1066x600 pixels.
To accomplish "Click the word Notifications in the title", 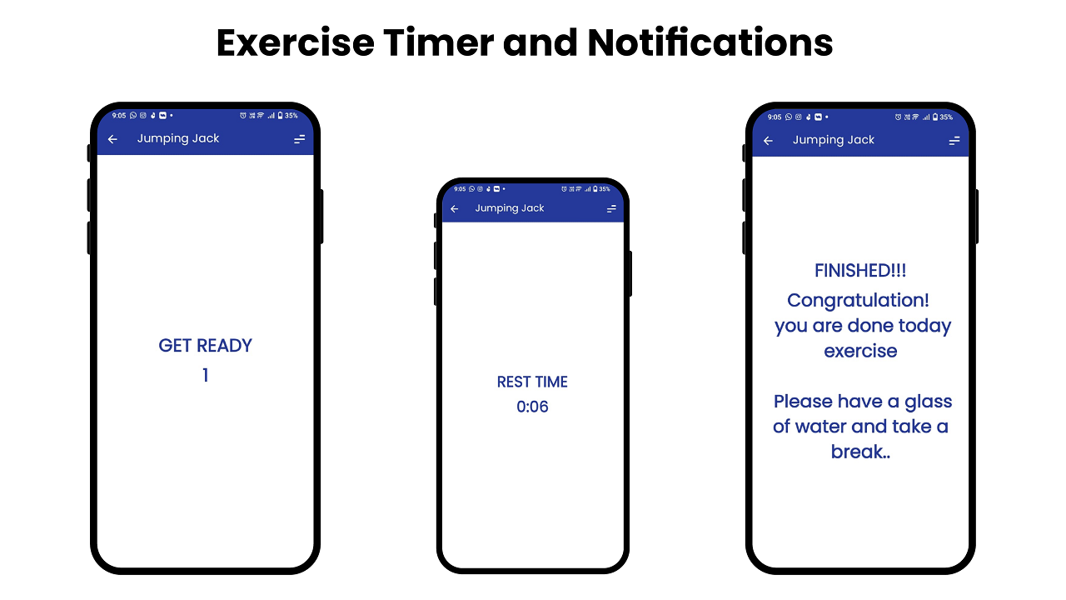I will coord(710,42).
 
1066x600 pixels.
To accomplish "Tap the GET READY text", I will coord(205,346).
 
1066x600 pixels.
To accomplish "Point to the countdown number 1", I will coord(205,376).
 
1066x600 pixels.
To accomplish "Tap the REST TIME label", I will coord(532,382).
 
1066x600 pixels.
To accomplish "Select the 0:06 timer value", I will coord(532,407).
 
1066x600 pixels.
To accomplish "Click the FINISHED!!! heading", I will coord(860,271).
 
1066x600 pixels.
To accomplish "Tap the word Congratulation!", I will coord(858,300).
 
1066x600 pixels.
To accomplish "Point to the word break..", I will coord(859,452).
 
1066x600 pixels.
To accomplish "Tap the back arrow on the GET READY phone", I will coord(113,139).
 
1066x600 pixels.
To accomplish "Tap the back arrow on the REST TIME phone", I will coord(455,209).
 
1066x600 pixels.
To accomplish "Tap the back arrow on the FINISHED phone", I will coord(769,141).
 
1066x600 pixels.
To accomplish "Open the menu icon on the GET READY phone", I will coord(300,139).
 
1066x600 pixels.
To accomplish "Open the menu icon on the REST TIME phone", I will coord(611,209).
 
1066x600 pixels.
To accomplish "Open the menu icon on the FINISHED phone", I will coord(954,141).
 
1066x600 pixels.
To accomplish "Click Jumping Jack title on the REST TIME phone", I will coord(509,208).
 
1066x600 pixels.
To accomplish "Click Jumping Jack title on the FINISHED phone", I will coord(833,140).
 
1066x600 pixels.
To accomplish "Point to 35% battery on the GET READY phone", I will coord(291,116).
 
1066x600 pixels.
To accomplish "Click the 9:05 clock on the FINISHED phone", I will coord(775,117).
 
